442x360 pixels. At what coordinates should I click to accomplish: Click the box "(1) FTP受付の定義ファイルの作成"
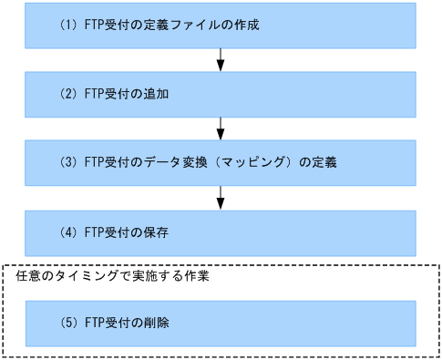(221, 25)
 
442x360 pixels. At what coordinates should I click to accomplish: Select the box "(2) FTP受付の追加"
(221, 94)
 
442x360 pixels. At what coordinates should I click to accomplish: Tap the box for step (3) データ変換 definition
(221, 163)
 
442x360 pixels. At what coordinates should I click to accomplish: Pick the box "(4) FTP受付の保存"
(221, 232)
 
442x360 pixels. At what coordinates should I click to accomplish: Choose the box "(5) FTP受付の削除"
(221, 323)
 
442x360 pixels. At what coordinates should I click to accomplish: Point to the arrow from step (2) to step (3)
(221, 129)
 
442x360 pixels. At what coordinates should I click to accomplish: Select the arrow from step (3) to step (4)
(221, 198)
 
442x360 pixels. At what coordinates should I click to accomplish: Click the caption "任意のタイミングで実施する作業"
(113, 276)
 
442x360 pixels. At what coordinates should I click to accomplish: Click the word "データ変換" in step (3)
(181, 164)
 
